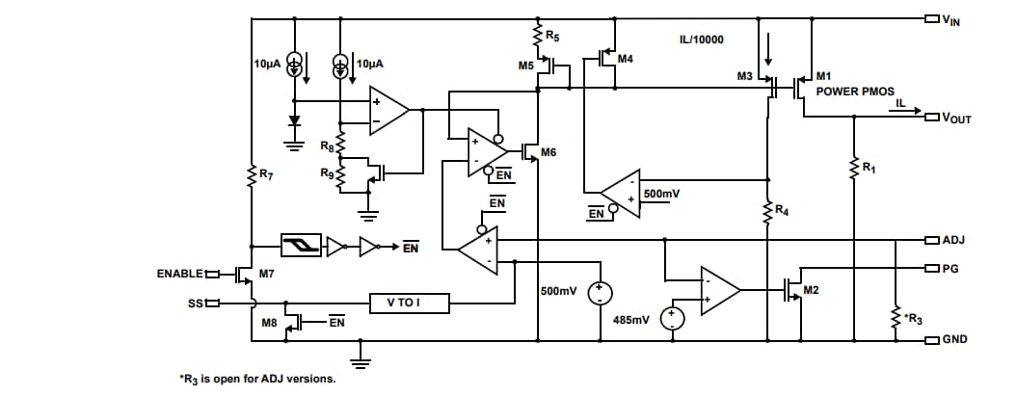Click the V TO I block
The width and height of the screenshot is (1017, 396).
tap(404, 303)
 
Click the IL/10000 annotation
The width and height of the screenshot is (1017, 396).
tap(701, 40)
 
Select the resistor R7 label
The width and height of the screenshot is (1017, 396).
tap(265, 174)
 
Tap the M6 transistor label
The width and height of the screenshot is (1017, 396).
tap(549, 152)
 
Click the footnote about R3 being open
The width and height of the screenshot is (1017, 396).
tap(258, 379)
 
